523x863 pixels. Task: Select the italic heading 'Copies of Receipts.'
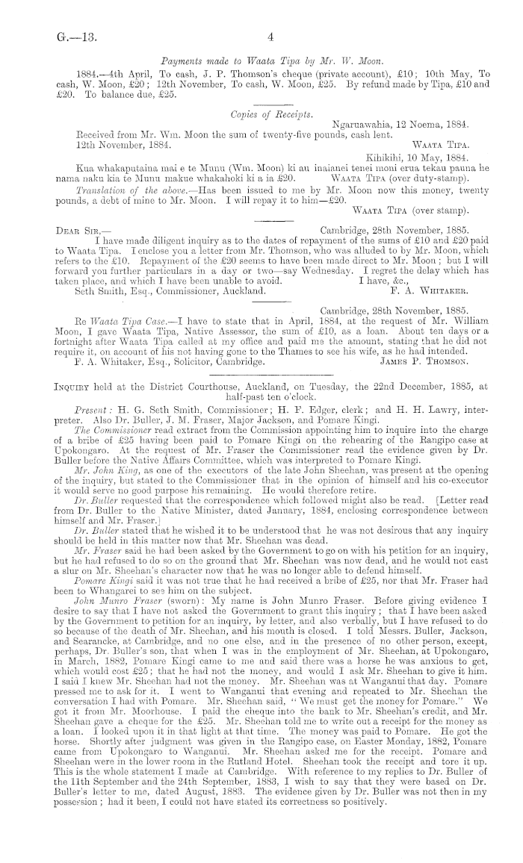tap(267, 115)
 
